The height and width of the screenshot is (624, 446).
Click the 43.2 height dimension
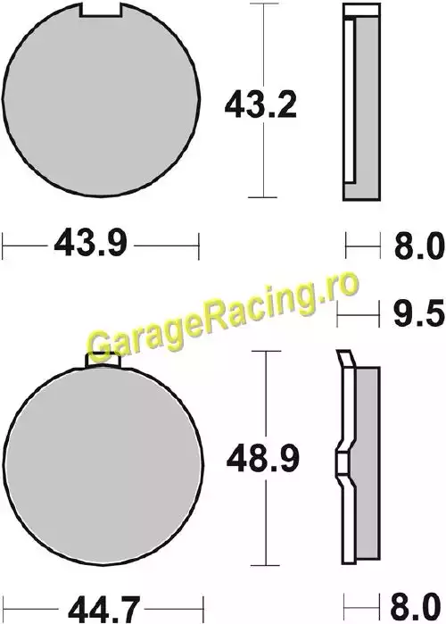(260, 105)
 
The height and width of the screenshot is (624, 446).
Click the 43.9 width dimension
(90, 243)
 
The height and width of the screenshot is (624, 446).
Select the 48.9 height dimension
(262, 459)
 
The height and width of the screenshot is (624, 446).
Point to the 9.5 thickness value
(418, 313)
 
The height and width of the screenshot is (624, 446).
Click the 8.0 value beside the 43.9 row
(419, 246)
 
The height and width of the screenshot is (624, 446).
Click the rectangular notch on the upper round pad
(100, 10)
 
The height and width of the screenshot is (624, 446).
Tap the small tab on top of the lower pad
(103, 361)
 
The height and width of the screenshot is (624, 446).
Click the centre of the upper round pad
(101, 99)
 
